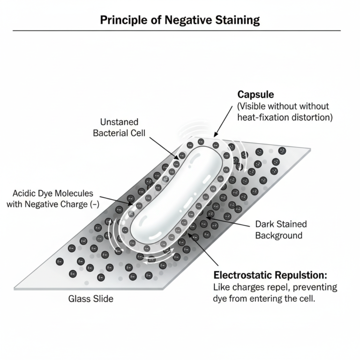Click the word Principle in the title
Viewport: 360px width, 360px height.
pyautogui.click(x=121, y=20)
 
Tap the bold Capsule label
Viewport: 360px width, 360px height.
pyautogui.click(x=255, y=95)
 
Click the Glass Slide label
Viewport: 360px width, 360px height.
pyautogui.click(x=91, y=299)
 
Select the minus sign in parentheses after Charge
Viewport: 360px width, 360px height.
pyautogui.click(x=90, y=204)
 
